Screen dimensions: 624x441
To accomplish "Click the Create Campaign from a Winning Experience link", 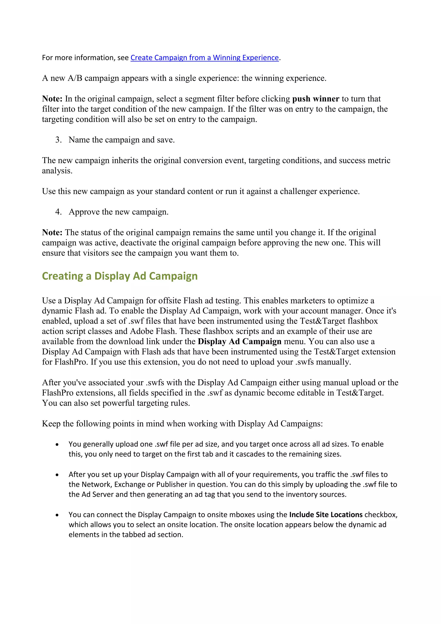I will coord(205,58).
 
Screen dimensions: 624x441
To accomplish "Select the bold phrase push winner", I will coord(315,99).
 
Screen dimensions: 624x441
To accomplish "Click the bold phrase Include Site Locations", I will coord(326,515).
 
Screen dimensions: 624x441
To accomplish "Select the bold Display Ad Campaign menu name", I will coord(239,341).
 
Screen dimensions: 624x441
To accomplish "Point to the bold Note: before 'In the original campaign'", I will coord(52,99).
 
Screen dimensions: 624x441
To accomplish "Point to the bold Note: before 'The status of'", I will coord(52,232).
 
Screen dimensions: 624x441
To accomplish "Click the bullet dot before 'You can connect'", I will coord(57,515).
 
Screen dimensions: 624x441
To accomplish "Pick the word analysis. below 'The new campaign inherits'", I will coord(57,171).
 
